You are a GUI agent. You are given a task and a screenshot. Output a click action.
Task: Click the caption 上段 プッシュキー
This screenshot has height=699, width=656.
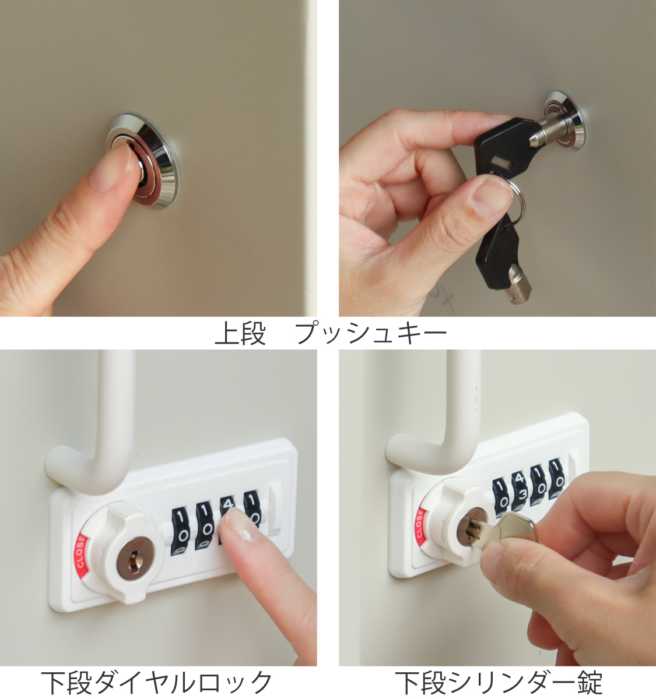[x=331, y=333]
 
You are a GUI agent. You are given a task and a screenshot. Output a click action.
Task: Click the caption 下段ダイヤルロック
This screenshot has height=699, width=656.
[x=157, y=683]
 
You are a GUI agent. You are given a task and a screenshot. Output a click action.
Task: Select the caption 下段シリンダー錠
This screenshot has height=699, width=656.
[x=499, y=683]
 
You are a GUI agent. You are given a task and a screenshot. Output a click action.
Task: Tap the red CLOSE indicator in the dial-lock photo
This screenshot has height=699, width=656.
[x=80, y=551]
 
